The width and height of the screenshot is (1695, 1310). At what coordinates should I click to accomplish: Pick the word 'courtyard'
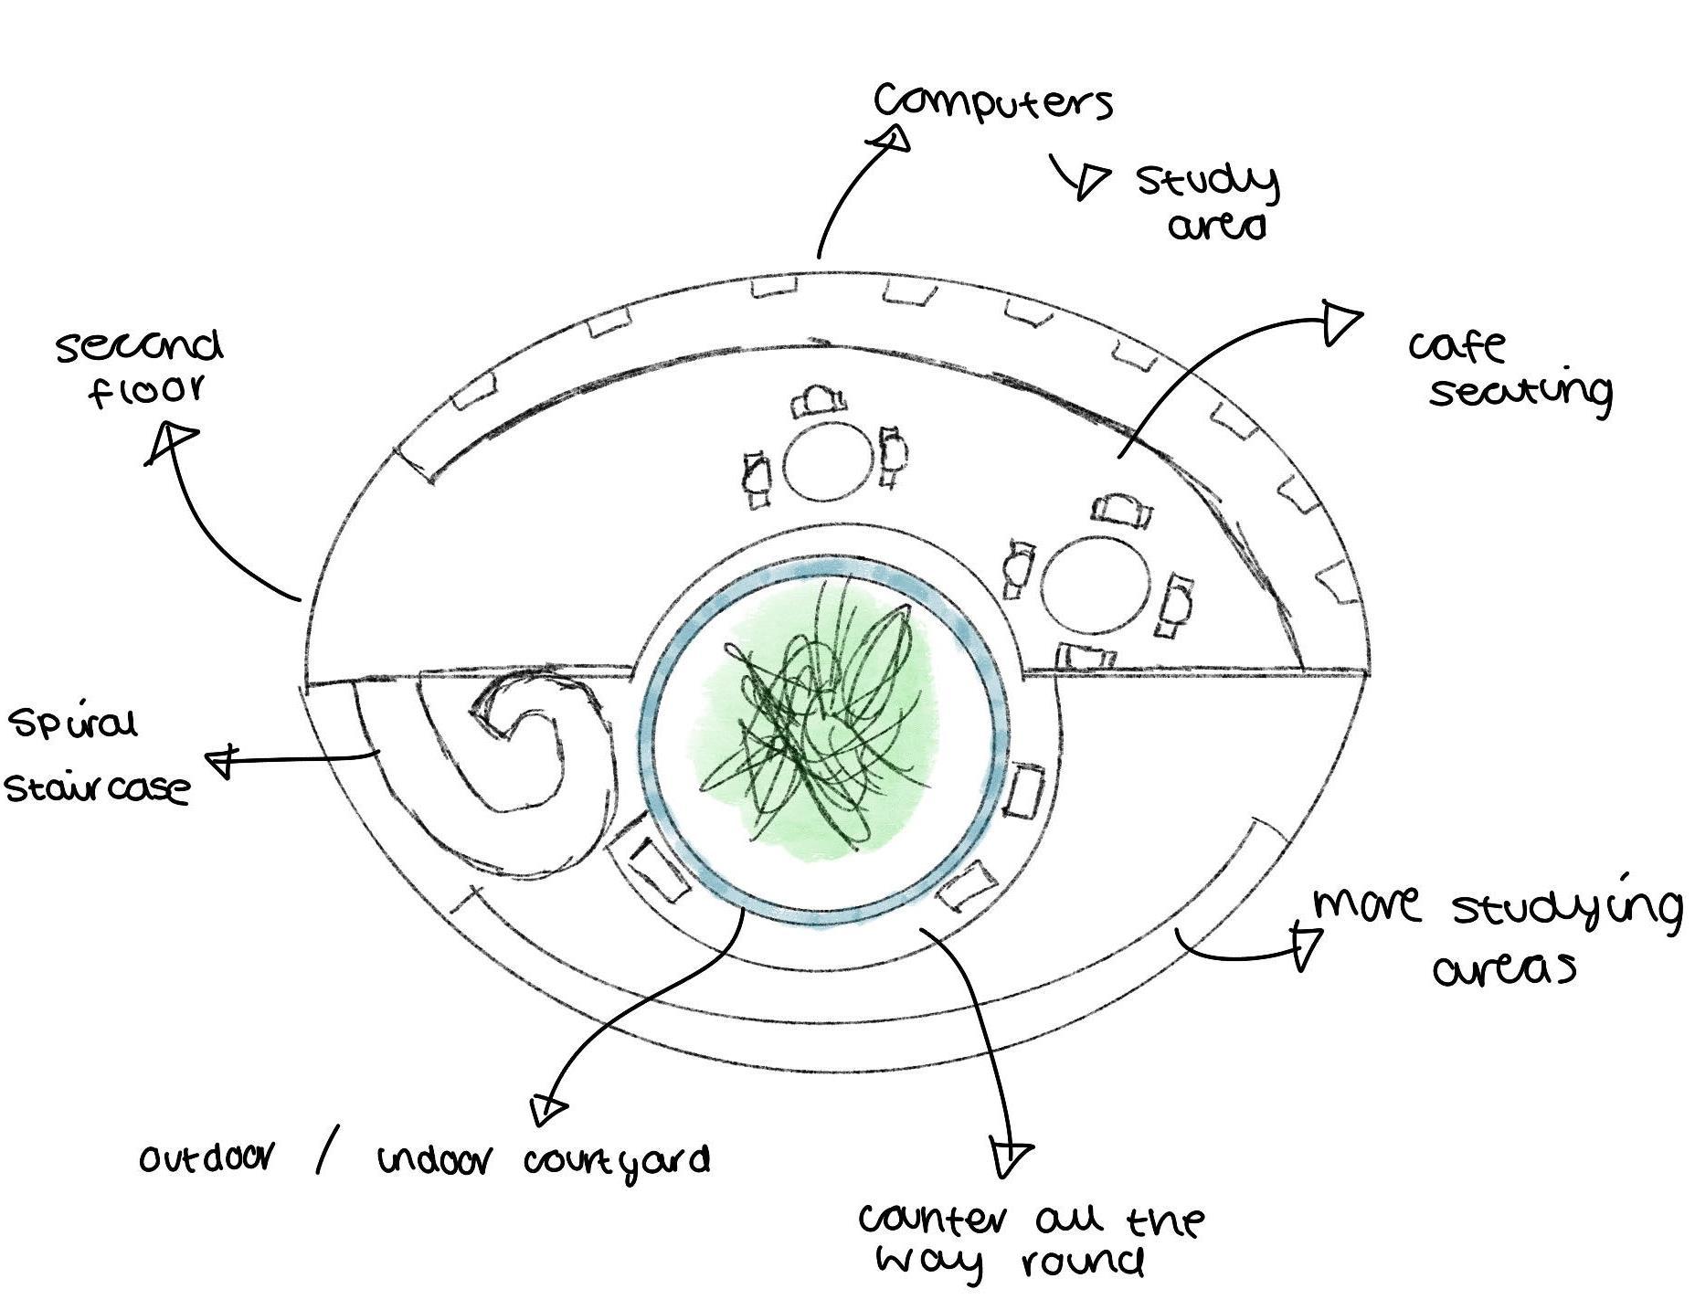[x=617, y=1162]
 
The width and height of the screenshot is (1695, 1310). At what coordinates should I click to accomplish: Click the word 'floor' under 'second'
[x=146, y=391]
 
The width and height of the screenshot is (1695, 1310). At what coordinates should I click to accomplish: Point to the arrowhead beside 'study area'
[x=1089, y=180]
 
